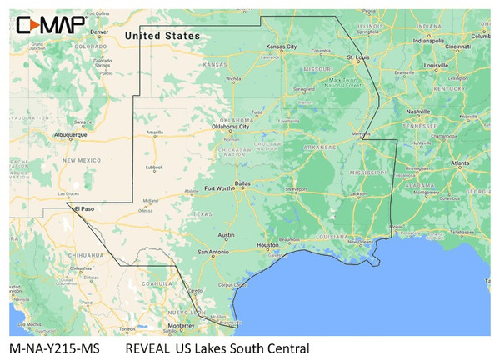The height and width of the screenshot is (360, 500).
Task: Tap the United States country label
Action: [162, 36]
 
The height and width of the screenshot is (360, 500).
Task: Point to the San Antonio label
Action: [212, 250]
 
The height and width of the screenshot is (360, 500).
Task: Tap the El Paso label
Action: [87, 208]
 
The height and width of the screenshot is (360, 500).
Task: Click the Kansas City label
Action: [281, 47]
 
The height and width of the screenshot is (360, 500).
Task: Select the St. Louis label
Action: [359, 56]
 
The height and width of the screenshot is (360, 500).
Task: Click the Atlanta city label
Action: [460, 164]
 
